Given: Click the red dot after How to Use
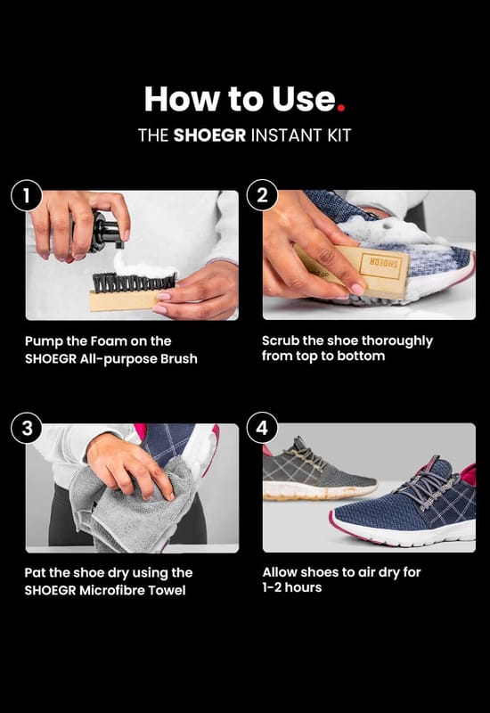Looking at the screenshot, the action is [x=341, y=108].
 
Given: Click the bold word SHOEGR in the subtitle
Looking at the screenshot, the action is [x=209, y=135].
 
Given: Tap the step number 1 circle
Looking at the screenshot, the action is [x=27, y=195].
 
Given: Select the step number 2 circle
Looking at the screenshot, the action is [x=262, y=195].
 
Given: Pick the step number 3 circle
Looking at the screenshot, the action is [x=27, y=428].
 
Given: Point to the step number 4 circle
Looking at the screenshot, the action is [x=262, y=428].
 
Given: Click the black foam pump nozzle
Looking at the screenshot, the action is [x=106, y=232].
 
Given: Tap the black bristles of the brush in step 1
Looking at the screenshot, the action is [x=135, y=283].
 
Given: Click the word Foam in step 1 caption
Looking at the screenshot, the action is [x=108, y=341].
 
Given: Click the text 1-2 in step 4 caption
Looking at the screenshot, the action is [x=273, y=587].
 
